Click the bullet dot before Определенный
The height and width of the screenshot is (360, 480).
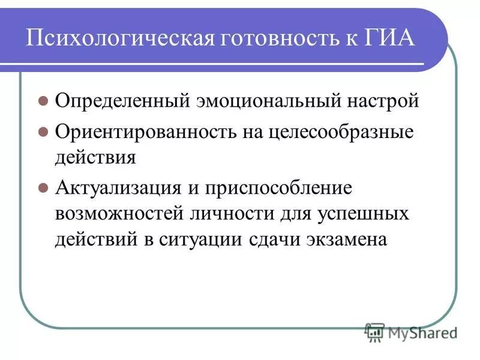[x=43, y=101]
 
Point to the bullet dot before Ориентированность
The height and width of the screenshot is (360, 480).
[x=43, y=133]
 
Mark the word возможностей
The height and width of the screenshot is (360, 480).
[x=119, y=213]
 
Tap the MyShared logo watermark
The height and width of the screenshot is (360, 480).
[x=411, y=331]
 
